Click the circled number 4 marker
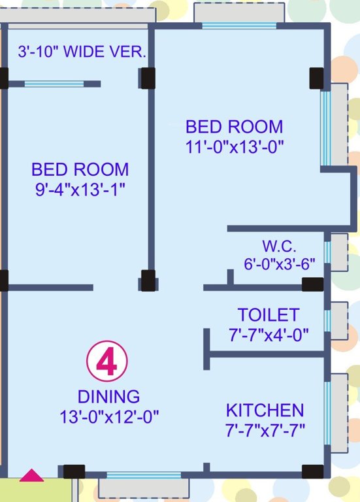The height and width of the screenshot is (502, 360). pos(107,362)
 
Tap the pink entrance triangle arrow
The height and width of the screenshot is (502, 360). pos(31,476)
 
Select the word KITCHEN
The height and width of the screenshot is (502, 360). pos(265,410)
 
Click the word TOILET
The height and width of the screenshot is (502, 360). pos(268,315)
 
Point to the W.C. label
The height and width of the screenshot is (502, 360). pos(280,246)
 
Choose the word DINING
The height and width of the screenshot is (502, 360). pos(108,397)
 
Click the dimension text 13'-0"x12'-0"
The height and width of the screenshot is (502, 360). pos(110,416)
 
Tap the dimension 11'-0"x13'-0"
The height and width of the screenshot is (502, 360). pos(235,146)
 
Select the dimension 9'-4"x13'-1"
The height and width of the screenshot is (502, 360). pos(80,190)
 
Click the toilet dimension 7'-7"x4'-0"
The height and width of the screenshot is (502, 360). pos(269,335)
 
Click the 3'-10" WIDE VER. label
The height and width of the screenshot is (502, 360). pos(82,52)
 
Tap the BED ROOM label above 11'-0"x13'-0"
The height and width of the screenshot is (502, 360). pos(235,126)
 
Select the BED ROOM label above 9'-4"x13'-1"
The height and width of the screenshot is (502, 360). pos(80,170)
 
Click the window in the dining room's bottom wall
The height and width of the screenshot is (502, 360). pos(144,476)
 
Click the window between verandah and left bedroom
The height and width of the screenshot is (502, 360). pos(54,84)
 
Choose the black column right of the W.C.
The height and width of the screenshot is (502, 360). pos(312,284)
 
